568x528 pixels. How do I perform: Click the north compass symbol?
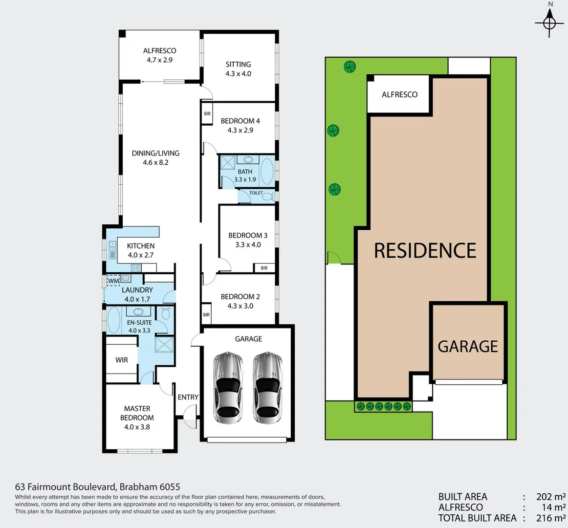click(550, 22)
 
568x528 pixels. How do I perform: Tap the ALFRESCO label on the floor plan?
click(159, 51)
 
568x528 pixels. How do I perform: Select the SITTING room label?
click(238, 65)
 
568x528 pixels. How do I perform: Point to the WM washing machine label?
click(113, 281)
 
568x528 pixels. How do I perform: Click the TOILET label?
click(256, 193)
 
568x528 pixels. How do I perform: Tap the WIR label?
click(122, 360)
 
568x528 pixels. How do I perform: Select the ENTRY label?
click(188, 397)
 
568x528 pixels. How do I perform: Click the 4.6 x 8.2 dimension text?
click(155, 162)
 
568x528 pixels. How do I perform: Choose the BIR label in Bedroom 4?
click(207, 114)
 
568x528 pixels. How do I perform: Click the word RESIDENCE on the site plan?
click(425, 251)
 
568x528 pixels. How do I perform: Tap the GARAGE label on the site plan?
click(468, 347)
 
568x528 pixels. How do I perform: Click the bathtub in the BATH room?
click(267, 171)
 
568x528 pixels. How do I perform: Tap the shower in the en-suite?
click(164, 345)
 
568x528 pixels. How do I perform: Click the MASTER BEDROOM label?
click(137, 413)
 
